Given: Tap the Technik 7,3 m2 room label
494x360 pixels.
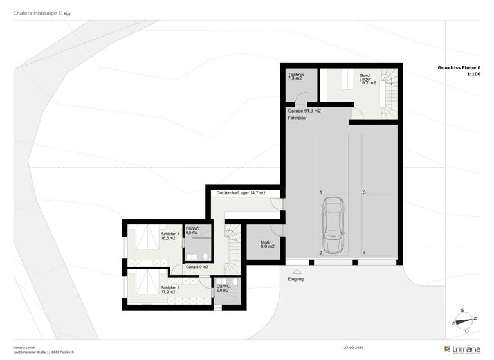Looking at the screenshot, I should click(296, 78).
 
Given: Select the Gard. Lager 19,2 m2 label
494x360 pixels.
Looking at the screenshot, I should click(368, 79).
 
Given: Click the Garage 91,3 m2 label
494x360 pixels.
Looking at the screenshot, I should click(304, 111).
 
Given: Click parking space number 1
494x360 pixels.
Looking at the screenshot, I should click(320, 192).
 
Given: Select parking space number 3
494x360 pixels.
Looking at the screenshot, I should click(364, 192).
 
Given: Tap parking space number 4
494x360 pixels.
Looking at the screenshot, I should click(364, 253).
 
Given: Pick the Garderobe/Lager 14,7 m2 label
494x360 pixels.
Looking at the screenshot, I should click(241, 192).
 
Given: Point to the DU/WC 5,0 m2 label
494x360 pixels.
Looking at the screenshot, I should click(223, 288).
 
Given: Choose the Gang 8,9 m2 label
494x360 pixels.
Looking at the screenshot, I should click(196, 266).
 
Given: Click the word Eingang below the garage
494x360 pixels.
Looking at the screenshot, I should click(296, 279).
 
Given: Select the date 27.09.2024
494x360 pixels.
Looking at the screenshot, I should click(354, 347).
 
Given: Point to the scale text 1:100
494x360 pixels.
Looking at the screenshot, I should click(474, 74).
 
